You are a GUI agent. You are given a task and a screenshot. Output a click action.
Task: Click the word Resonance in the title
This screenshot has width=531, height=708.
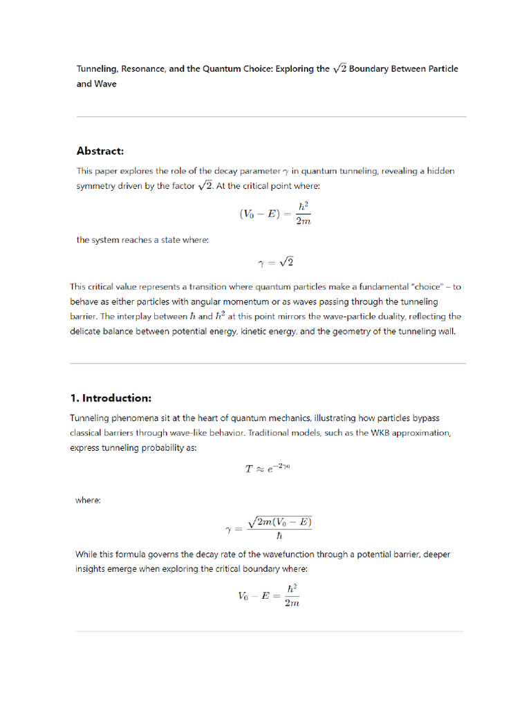pos(145,69)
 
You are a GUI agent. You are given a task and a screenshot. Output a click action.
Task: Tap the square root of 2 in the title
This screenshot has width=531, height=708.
pos(339,68)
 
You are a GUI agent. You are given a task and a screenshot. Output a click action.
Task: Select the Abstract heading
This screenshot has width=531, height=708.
pos(100,151)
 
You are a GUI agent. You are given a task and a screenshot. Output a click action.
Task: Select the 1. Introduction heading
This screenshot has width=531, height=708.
pos(111,398)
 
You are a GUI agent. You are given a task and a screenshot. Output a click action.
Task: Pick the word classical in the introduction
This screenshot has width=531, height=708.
pos(88,433)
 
